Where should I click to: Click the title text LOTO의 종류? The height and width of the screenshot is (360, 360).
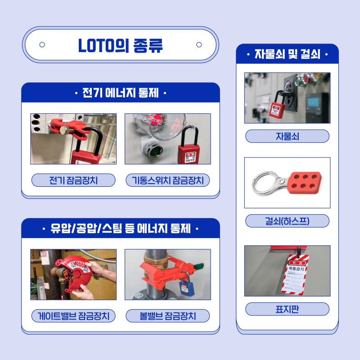coord(120,45)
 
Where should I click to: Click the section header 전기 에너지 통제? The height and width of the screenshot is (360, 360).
coord(120,94)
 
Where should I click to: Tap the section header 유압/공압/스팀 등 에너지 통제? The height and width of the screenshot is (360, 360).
coord(120,229)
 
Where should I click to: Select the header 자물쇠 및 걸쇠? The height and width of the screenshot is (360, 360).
coord(287,54)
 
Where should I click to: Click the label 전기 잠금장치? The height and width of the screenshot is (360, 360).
coord(73,180)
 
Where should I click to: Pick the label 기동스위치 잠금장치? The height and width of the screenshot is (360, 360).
coord(167,180)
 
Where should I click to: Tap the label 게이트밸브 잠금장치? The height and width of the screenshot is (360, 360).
coord(73,316)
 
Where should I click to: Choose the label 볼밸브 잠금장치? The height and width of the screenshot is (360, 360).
coord(167,316)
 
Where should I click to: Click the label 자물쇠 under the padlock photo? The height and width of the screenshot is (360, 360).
coord(287,136)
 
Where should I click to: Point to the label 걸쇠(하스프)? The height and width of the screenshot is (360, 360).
coord(287,221)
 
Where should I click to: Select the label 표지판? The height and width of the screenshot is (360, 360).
coord(287,309)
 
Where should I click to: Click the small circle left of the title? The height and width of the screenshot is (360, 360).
coord(42,45)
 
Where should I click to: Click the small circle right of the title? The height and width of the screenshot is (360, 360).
coord(199,45)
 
